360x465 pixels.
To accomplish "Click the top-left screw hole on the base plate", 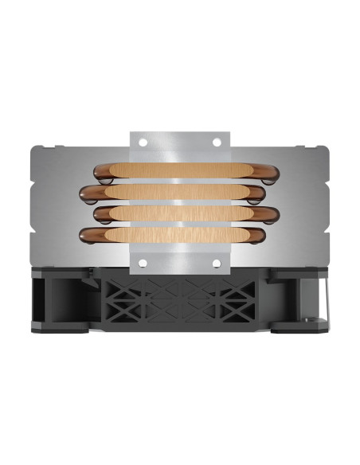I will point(144,143).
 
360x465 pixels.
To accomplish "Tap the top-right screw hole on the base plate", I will point(215,143).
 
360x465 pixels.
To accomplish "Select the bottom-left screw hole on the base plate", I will point(144,262).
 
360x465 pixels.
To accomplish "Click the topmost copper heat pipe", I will point(179,170).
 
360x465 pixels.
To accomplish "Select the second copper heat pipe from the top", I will point(179,193).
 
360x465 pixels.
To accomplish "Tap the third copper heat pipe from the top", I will point(179,214).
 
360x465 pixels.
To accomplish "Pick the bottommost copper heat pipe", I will point(179,235).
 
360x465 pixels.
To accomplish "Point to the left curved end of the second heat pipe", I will point(87,193).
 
